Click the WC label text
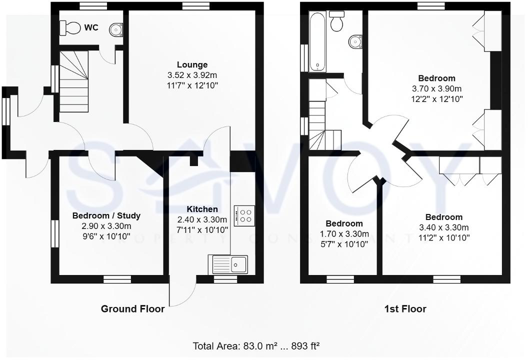click(91, 28)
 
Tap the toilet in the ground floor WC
click(70, 28)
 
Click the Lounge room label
click(192, 65)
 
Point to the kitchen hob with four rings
click(244, 215)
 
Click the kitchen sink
click(229, 263)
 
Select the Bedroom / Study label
click(106, 216)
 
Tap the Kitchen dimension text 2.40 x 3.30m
click(202, 219)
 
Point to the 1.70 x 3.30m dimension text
click(344, 234)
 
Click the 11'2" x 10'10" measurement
click(443, 238)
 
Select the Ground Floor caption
click(132, 309)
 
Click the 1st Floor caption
click(405, 309)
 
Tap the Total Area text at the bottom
click(256, 345)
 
